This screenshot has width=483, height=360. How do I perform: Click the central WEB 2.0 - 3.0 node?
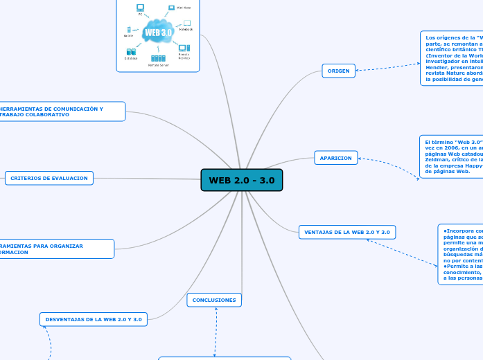tap(241, 180)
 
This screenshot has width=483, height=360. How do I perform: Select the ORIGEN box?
tap(339, 71)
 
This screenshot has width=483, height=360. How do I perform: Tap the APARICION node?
tap(336, 158)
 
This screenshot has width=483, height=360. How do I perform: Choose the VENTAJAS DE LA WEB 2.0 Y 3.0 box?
tap(347, 232)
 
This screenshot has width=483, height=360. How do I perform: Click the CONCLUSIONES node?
tap(214, 300)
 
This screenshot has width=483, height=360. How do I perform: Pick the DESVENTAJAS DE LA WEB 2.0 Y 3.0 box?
tap(93, 319)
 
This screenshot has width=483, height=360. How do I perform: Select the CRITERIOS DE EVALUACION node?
tap(49, 178)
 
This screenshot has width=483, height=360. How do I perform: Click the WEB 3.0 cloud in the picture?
tap(158, 33)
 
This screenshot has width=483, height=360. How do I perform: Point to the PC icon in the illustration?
tap(140, 8)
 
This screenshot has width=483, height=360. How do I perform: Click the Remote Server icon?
tap(158, 58)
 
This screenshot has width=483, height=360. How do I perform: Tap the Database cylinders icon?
tap(131, 51)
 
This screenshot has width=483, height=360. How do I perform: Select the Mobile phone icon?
tap(129, 29)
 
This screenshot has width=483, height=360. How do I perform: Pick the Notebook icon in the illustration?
tap(186, 23)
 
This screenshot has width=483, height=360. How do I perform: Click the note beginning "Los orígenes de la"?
tap(451, 58)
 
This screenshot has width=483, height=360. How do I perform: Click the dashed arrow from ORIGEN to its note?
tap(388, 65)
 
